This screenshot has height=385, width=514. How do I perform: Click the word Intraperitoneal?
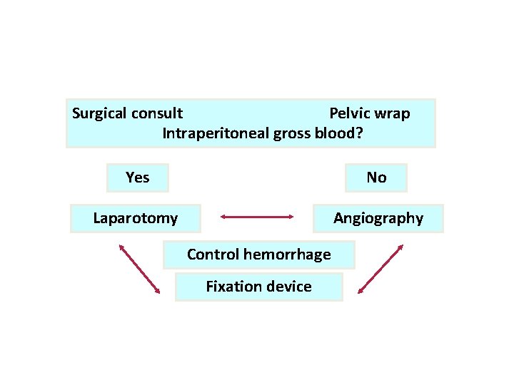[216, 133]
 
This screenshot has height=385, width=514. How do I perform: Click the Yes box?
[137, 178]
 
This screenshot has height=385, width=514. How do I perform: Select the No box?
[376, 178]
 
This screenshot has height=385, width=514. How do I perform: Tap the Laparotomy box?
[136, 218]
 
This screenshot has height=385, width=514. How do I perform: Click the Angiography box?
[378, 218]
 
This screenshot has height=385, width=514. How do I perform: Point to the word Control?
[213, 255]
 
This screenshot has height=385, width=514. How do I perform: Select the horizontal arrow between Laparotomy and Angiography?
[258, 215]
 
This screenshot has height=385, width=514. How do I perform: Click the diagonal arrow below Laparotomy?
[139, 269]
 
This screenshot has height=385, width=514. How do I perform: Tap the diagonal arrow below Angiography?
[380, 269]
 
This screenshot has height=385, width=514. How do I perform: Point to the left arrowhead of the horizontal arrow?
[223, 215]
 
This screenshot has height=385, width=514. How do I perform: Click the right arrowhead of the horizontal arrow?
[292, 215]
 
